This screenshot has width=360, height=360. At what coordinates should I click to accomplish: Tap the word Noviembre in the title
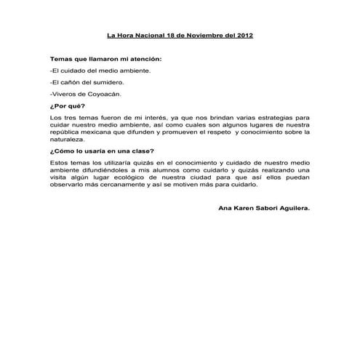pos(193,34)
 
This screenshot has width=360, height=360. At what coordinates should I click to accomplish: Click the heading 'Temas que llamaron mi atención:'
pos(105,58)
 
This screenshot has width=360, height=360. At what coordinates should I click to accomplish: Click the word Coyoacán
pos(105,95)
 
